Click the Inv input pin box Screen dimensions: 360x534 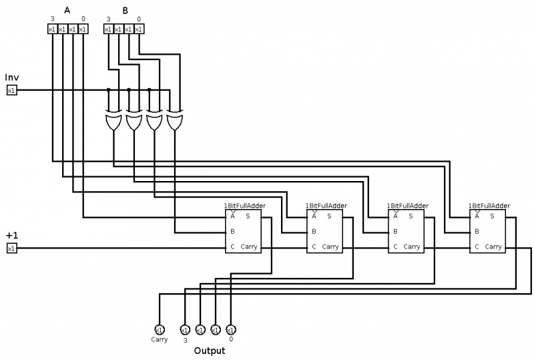[x=11, y=90]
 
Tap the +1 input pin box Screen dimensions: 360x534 [x=11, y=248]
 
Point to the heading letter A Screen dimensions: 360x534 [x=67, y=9]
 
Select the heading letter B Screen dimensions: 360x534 [x=123, y=9]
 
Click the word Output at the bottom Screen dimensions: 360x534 [x=209, y=350]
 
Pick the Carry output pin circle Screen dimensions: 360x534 [x=159, y=329]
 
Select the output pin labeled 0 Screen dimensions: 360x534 [x=230, y=329]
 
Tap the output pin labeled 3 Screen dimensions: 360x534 [x=185, y=329]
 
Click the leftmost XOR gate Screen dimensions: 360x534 [x=113, y=122]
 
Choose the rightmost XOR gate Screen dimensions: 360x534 [x=175, y=122]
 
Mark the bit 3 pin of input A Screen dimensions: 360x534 [x=52, y=29]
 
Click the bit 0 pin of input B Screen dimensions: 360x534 [x=139, y=29]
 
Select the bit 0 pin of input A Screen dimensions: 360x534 [x=83, y=29]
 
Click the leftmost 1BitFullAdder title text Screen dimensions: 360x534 [x=245, y=206]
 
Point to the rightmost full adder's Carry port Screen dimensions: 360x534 [x=493, y=246]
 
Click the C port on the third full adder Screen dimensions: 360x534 [x=395, y=246]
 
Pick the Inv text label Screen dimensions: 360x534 [x=12, y=77]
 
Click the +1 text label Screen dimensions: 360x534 [x=11, y=236]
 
